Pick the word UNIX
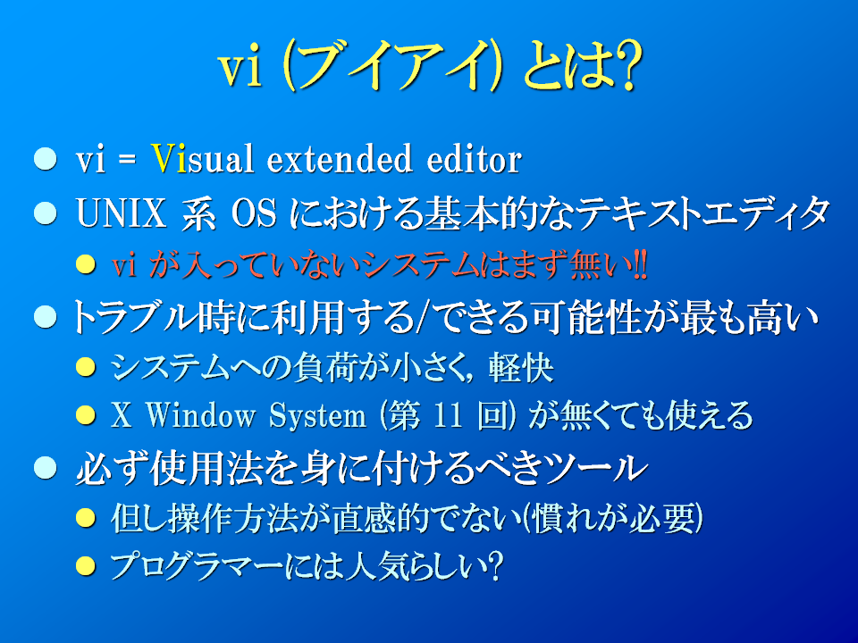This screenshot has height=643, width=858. pyautogui.click(x=121, y=213)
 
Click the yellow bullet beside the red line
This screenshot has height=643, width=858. pyautogui.click(x=86, y=265)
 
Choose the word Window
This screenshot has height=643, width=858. pyautogui.click(x=201, y=415)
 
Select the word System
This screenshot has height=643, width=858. pyautogui.click(x=318, y=416)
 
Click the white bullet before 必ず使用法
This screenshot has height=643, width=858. pyautogui.click(x=45, y=468)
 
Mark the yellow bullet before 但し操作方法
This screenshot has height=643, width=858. pyautogui.click(x=86, y=518)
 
